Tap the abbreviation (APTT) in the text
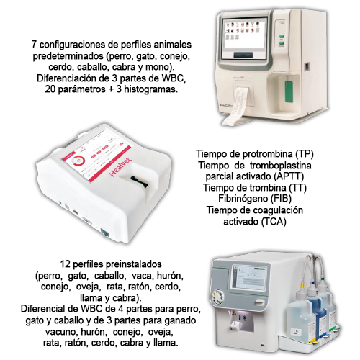pyautogui.click(x=289, y=176)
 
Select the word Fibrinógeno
pyautogui.click(x=243, y=199)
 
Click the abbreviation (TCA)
pyautogui.click(x=274, y=221)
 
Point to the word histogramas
pyautogui.click(x=150, y=89)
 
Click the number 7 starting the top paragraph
pyautogui.click(x=34, y=45)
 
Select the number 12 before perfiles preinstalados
pyautogui.click(x=65, y=264)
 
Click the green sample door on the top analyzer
pyautogui.click(x=289, y=91)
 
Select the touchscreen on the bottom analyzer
pyautogui.click(x=249, y=278)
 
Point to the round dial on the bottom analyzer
pyautogui.click(x=217, y=297)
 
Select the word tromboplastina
pyautogui.click(x=280, y=166)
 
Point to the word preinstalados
pyautogui.click(x=134, y=264)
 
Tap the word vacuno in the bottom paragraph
pyautogui.click(x=61, y=331)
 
